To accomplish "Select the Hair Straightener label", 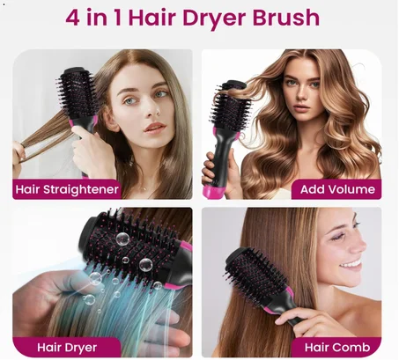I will (67, 188).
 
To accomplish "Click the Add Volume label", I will (337, 188).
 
